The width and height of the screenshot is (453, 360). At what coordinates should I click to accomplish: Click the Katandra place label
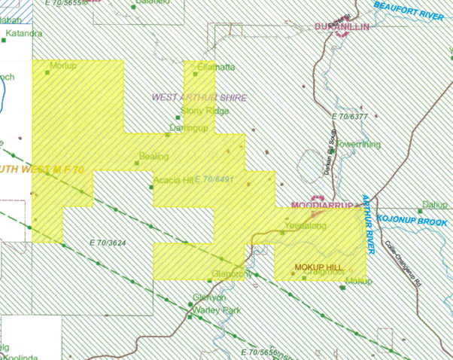click(x=25, y=34)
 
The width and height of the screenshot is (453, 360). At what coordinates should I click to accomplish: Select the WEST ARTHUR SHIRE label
click(x=199, y=98)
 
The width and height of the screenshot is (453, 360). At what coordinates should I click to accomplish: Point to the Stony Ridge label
click(x=208, y=111)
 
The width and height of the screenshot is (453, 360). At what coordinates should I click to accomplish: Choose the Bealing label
click(x=154, y=157)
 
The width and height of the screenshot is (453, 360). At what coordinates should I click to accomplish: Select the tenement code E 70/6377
click(x=350, y=117)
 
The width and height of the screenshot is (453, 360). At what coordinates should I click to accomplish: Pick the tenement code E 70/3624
click(x=106, y=243)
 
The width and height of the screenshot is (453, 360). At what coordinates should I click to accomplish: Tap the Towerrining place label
click(x=357, y=144)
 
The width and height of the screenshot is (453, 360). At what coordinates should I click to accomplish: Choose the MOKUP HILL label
click(x=318, y=267)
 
